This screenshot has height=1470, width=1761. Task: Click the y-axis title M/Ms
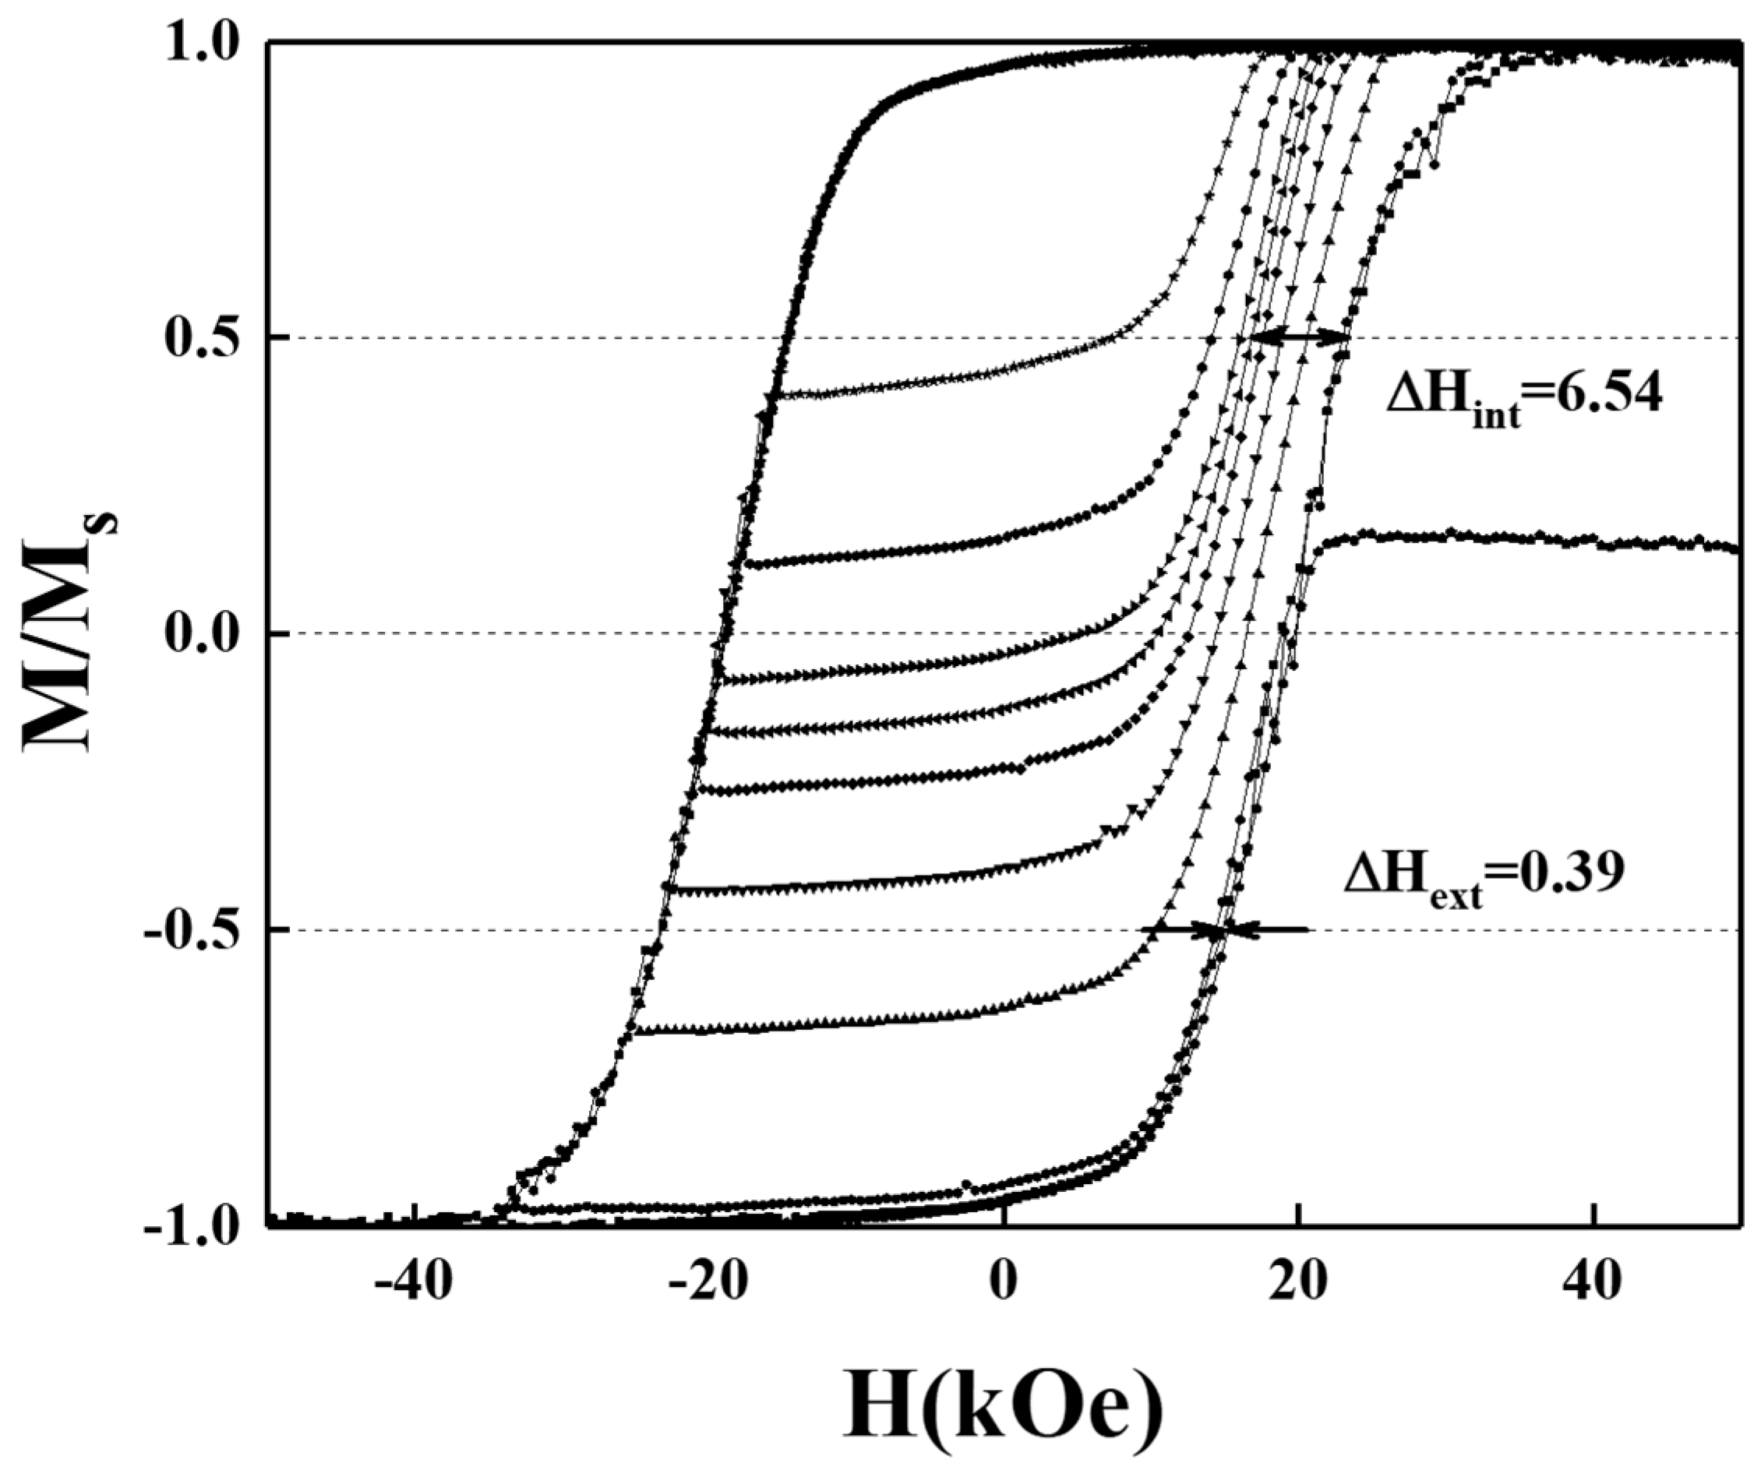coord(71,633)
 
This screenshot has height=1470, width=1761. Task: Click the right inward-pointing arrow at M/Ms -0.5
coord(1270,929)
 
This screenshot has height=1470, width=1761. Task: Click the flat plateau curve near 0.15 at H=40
coord(1593,539)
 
